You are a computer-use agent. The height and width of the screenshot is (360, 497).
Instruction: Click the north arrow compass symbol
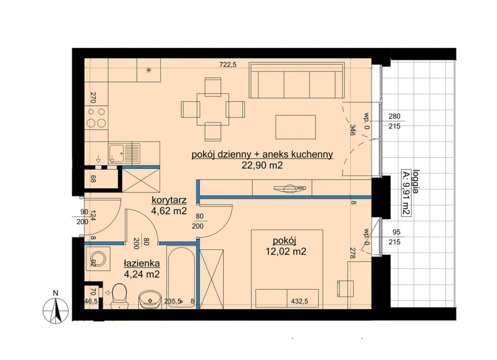(55, 310)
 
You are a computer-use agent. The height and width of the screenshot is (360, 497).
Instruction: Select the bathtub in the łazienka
(181, 277)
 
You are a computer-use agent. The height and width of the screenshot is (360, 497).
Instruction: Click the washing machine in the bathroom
(98, 259)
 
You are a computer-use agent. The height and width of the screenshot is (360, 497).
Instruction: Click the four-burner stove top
(97, 117)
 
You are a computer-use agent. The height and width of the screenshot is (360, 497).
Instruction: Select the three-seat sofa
(297, 81)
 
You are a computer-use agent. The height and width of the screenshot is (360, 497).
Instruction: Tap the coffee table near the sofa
(296, 127)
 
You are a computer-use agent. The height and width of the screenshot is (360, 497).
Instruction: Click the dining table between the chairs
(213, 109)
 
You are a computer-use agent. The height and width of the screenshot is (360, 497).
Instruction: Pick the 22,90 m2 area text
(262, 165)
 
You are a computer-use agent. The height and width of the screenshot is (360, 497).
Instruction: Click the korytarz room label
(169, 200)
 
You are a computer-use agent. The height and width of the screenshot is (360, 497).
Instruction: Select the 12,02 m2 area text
(286, 252)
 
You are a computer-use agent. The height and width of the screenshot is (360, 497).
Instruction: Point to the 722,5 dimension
(228, 65)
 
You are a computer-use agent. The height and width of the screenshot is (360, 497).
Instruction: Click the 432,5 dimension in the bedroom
(299, 302)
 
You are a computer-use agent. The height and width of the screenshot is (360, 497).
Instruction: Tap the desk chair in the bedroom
(345, 288)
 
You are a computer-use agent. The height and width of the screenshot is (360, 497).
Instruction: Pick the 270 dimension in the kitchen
(93, 98)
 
